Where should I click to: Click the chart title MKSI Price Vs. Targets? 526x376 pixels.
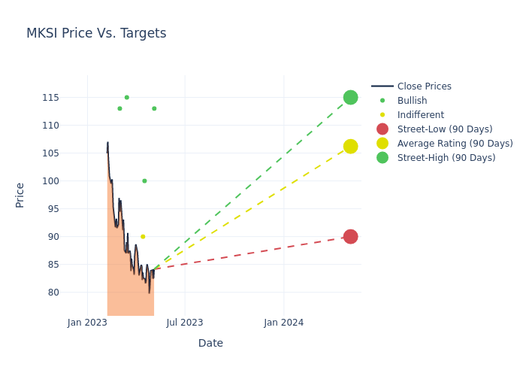[x=96, y=34]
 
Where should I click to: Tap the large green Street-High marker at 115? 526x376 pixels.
[x=350, y=98]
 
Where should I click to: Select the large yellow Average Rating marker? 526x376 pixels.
[x=350, y=146]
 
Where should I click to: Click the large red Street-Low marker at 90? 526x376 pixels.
[x=350, y=236]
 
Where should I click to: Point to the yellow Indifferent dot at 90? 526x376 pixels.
[x=143, y=236]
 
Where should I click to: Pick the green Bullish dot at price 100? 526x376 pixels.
[x=144, y=180]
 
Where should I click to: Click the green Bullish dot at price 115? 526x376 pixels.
[x=126, y=97]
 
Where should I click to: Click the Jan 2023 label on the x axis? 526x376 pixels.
[x=87, y=323]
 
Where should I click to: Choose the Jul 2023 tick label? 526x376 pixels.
[x=185, y=323]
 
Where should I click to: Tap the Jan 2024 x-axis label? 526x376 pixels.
[x=284, y=323]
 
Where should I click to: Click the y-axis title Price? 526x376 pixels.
[x=20, y=195]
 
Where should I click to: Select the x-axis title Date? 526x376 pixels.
[x=210, y=344]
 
